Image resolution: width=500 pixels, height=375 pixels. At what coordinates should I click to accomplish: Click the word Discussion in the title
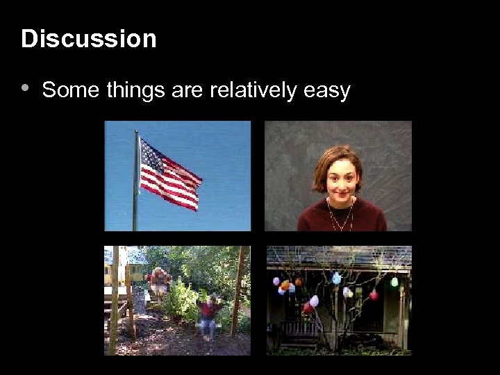pos(89,39)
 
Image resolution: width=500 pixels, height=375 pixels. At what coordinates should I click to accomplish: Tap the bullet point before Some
pos(25,88)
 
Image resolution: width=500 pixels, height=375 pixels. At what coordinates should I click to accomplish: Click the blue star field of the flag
pos(151,155)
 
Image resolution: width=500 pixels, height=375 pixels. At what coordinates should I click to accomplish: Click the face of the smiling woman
pos(340,174)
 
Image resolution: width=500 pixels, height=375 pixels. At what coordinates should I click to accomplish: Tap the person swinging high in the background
pos(160,279)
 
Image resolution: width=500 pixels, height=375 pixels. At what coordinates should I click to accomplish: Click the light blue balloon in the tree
pos(337,278)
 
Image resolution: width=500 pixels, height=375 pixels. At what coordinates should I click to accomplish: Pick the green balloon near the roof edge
pos(394,282)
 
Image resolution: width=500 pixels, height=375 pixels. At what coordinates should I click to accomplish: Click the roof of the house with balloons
pos(339,256)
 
